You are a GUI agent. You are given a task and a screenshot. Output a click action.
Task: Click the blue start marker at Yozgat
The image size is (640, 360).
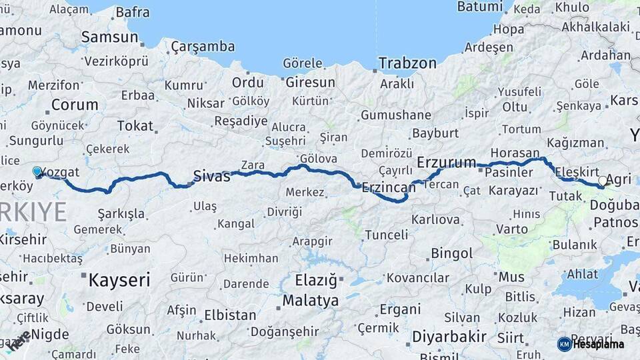37,171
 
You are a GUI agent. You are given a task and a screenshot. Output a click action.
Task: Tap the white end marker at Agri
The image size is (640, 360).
603,180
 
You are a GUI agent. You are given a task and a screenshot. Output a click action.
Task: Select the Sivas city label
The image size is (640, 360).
211,176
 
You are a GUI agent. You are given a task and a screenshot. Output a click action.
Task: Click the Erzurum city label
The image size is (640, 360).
446,162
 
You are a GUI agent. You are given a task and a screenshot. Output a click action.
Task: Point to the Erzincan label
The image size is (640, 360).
388,188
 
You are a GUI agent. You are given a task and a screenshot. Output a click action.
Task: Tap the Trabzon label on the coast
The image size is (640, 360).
407,63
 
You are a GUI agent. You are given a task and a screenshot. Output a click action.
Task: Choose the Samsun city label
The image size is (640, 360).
109,37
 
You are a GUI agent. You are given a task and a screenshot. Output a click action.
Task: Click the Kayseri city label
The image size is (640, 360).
119,279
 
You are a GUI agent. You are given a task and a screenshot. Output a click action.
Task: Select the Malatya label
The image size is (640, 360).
310,301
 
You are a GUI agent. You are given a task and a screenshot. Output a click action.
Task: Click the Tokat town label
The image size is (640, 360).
135,125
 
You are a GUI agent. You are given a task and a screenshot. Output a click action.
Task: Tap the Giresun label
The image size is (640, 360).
310,83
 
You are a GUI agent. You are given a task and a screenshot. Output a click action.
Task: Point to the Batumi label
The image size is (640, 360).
479,7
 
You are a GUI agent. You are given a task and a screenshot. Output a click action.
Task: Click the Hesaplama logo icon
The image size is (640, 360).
564,344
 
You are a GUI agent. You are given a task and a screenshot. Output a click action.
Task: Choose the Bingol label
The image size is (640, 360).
452,253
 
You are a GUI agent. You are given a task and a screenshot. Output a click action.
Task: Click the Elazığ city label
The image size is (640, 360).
316,279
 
